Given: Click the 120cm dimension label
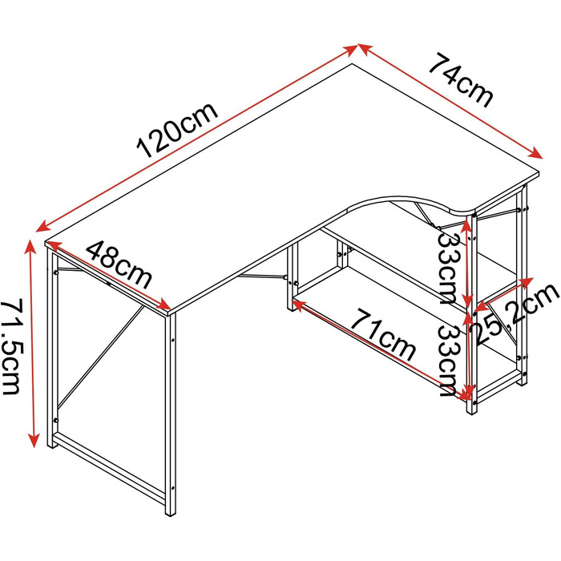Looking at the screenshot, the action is (x=177, y=130).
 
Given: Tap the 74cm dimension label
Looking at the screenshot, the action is (x=462, y=80).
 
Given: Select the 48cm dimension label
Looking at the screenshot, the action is (x=119, y=264).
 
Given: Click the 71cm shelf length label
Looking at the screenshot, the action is (x=383, y=335).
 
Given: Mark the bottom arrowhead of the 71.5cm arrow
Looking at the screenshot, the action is (x=34, y=441).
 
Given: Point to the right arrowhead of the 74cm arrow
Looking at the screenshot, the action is (x=537, y=154).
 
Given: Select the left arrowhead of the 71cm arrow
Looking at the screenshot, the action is (x=298, y=305).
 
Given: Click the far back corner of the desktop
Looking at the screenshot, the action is (x=353, y=64).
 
